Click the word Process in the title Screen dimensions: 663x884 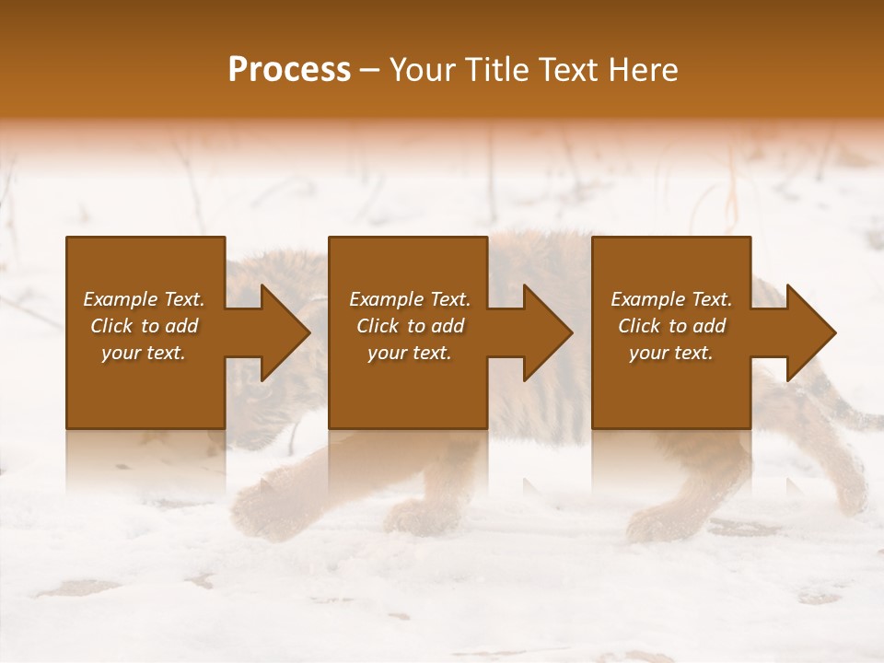(x=289, y=69)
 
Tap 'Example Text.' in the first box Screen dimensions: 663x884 (x=144, y=299)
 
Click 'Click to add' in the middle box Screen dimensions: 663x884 (x=410, y=326)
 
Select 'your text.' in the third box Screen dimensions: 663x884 (x=670, y=353)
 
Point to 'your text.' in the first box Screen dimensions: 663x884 (x=144, y=353)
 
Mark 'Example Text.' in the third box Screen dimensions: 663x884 (x=671, y=299)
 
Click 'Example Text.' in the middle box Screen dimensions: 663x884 (x=410, y=299)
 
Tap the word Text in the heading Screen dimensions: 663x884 (x=568, y=69)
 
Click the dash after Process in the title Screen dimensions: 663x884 (x=369, y=70)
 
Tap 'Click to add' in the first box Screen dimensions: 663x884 (x=144, y=326)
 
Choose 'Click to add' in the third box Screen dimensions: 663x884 (x=671, y=326)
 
